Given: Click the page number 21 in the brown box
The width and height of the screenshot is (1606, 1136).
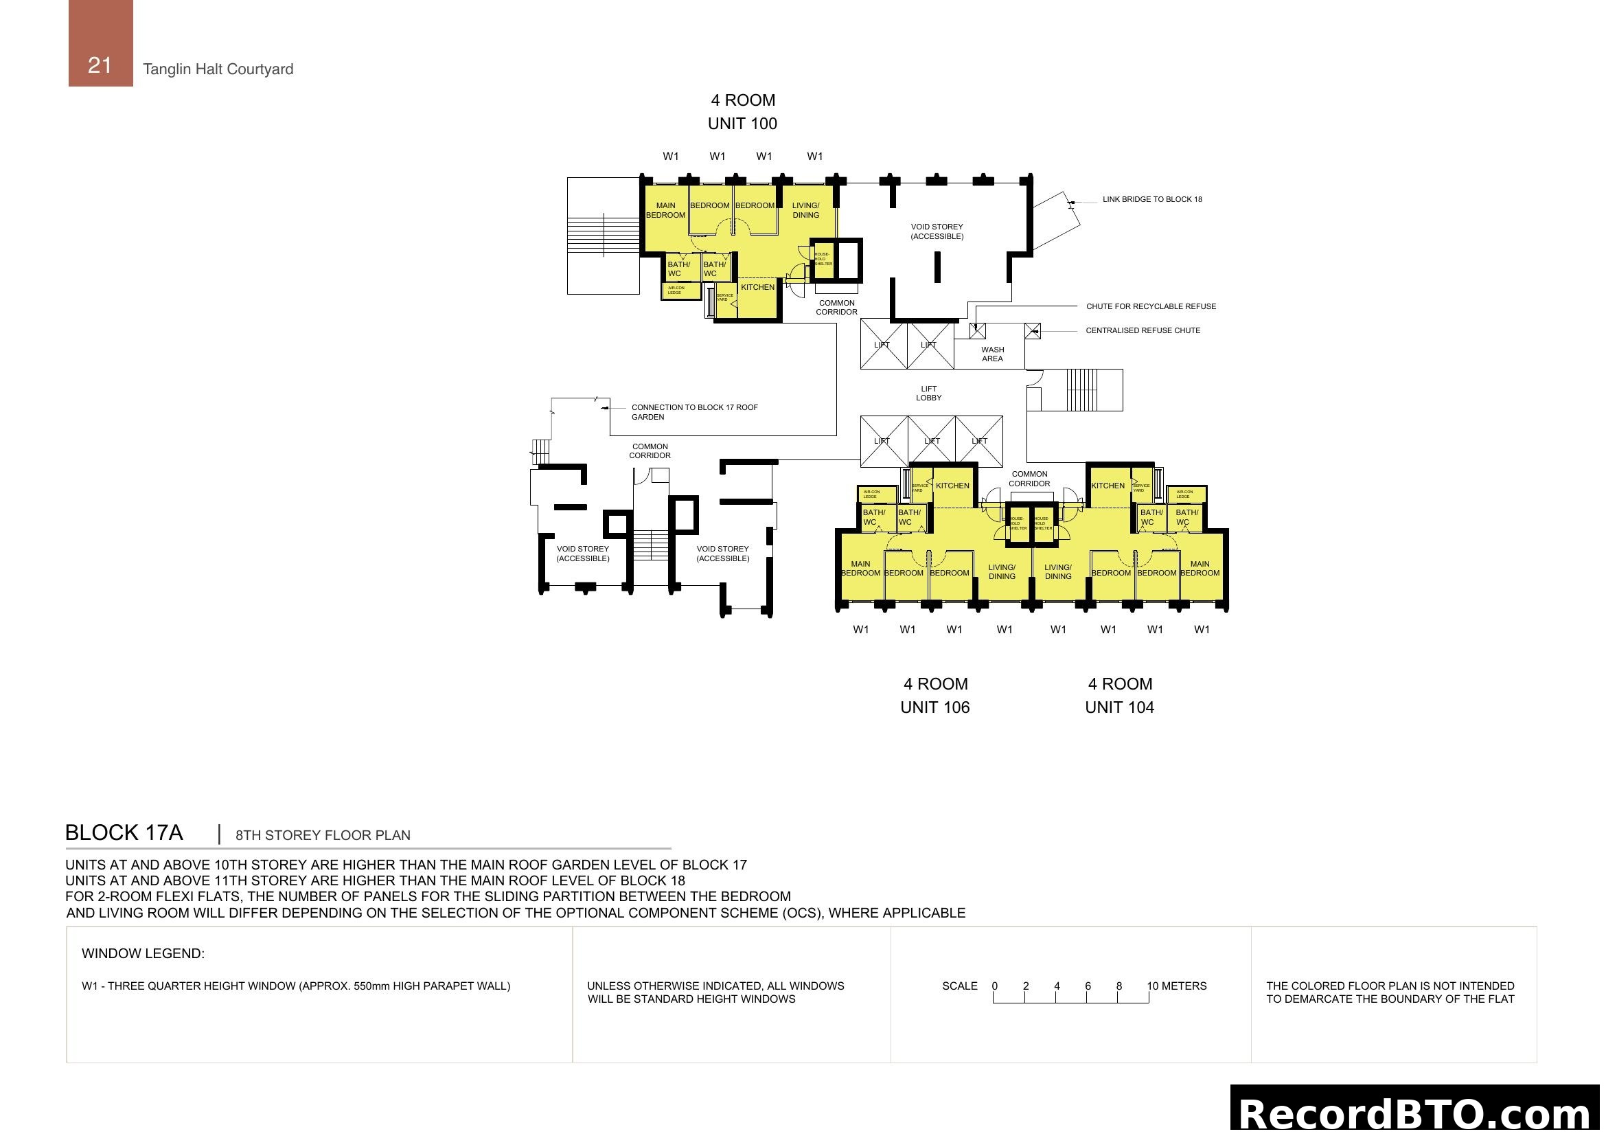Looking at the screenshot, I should [100, 65].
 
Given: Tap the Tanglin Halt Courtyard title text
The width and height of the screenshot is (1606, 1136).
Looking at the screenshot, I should [218, 69].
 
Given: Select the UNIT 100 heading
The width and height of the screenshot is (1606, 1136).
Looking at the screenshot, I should [742, 124].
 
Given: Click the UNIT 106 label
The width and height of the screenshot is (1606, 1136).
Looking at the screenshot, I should [934, 707].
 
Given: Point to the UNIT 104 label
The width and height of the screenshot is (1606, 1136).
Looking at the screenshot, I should [1119, 707].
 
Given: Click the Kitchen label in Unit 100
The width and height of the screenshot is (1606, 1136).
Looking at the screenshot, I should [757, 287].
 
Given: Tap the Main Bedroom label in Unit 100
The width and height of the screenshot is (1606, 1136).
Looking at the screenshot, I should [665, 211].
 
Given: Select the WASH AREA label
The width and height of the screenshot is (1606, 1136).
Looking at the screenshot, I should [992, 354].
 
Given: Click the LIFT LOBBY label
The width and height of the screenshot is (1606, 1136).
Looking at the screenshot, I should [928, 393].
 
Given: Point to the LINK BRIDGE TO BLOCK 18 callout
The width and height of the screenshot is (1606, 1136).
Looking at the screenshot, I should [1152, 199].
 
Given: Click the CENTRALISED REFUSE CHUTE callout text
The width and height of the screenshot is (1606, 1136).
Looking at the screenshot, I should [1143, 330].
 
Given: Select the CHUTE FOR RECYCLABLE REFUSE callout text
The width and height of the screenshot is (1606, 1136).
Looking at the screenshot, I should [1151, 306].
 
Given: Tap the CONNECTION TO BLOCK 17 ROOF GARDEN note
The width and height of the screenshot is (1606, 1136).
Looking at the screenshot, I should [694, 412].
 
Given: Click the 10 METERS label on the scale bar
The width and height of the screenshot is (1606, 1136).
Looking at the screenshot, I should [1177, 986].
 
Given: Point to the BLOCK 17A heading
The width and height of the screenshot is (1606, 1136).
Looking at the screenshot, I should [124, 832].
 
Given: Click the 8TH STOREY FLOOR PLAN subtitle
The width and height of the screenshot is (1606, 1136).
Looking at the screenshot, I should [323, 835].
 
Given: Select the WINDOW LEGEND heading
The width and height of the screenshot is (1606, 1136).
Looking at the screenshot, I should [143, 953].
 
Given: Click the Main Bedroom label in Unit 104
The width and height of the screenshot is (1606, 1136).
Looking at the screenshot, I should [1200, 568].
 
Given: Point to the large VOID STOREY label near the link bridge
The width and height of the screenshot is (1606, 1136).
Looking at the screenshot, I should [937, 231].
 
